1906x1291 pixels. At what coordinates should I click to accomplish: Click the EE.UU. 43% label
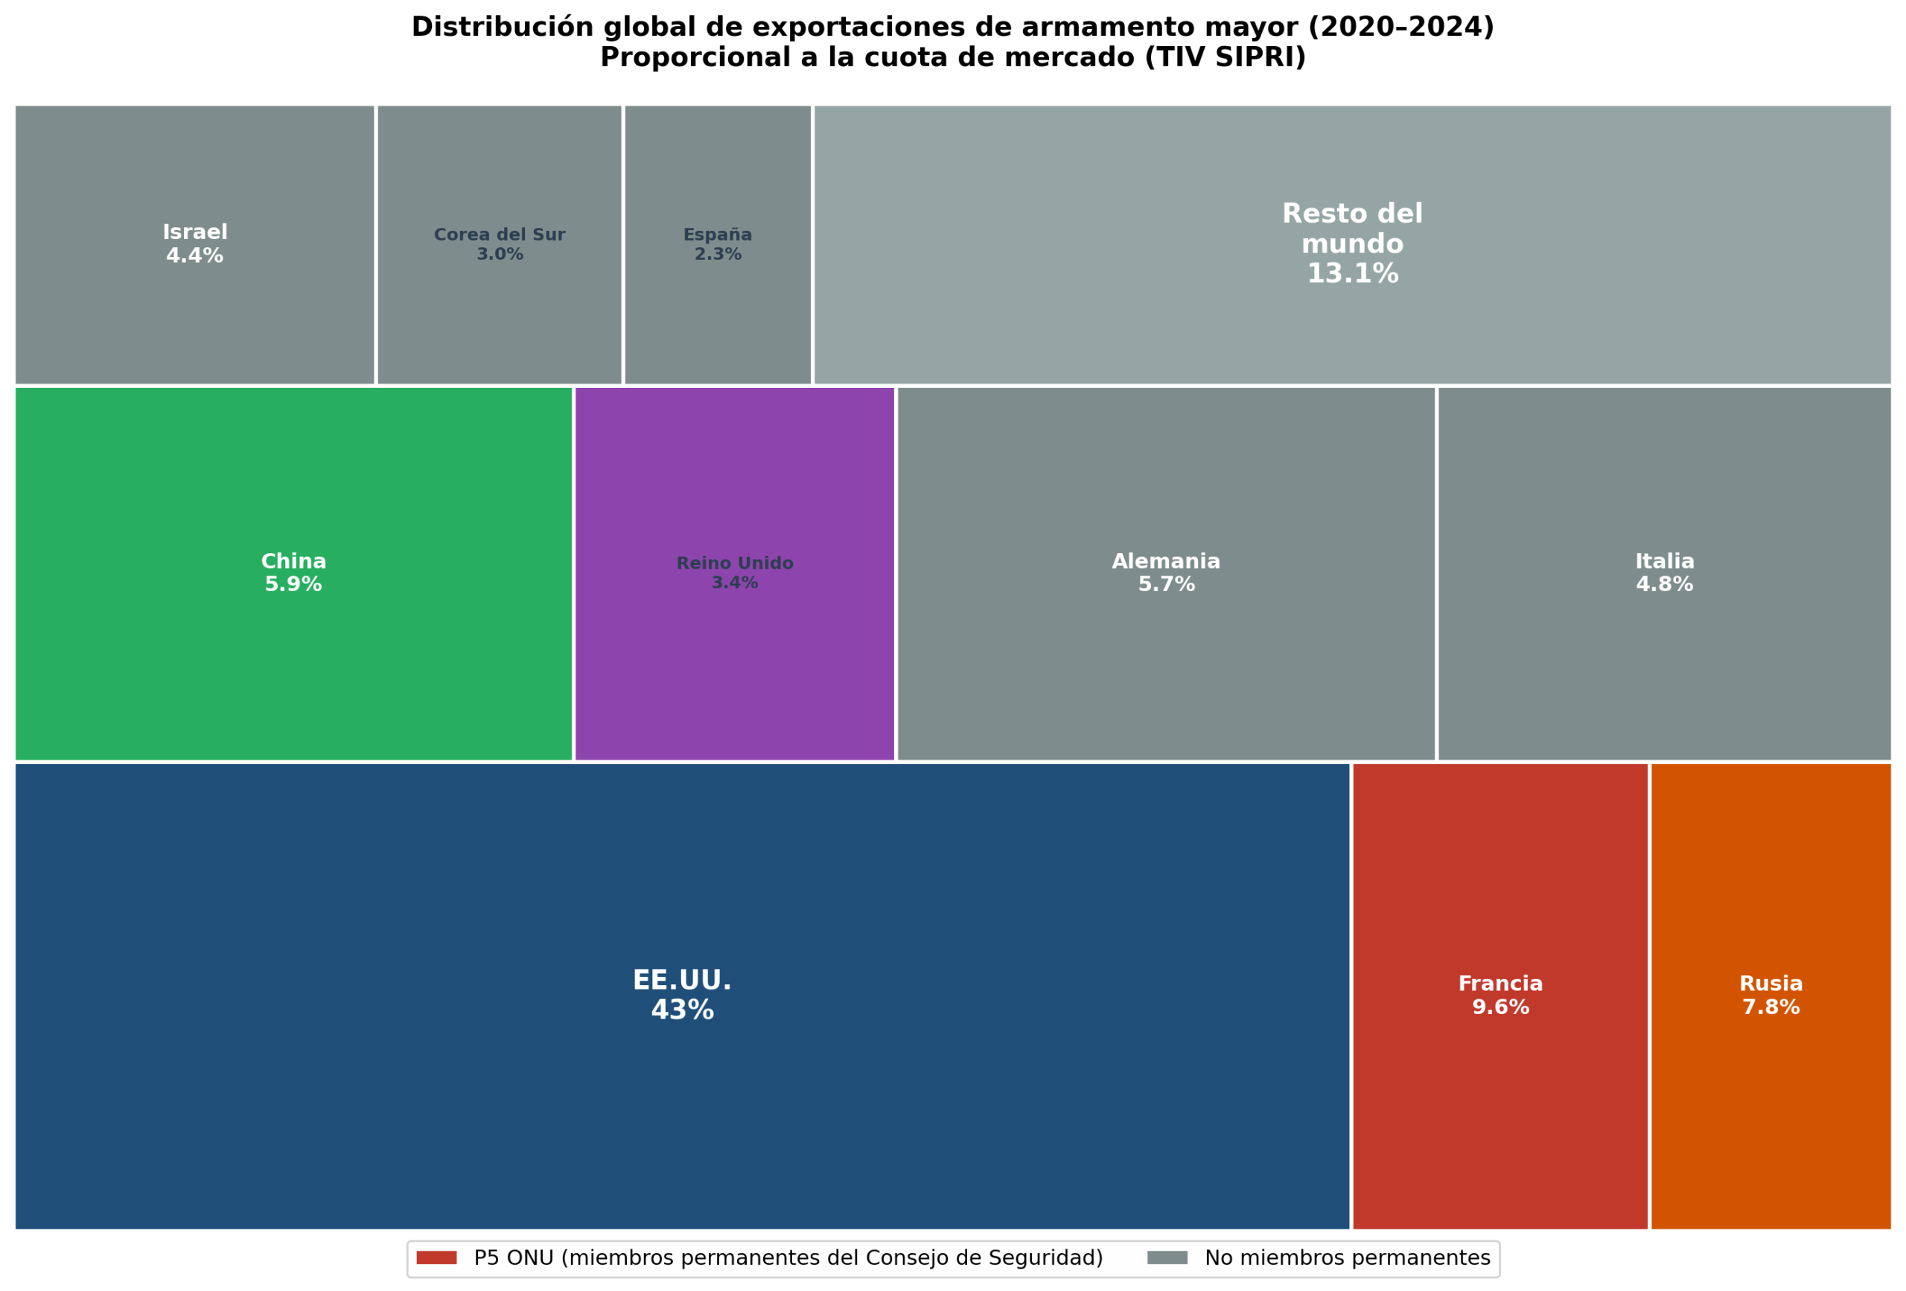[681, 995]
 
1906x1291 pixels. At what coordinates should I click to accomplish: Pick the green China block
[293, 573]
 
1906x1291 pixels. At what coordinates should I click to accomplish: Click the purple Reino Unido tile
[735, 573]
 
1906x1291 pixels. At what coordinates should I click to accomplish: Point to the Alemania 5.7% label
[1166, 573]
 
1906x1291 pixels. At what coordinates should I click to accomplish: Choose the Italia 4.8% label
[1665, 573]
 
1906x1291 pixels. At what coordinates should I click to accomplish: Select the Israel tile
[195, 244]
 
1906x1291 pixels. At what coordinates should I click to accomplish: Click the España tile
[718, 244]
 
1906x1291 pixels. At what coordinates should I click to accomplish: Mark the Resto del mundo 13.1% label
[1352, 243]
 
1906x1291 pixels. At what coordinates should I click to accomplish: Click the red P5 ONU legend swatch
[436, 1258]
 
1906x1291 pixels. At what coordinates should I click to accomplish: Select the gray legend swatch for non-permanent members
[1167, 1258]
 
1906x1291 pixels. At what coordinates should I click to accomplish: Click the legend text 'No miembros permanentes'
[1348, 1258]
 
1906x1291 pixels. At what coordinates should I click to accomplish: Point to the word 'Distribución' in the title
[503, 27]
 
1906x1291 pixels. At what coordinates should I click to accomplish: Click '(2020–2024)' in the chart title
[1400, 27]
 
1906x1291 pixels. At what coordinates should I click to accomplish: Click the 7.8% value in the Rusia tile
[1770, 1007]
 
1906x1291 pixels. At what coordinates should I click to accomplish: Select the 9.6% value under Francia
[1500, 1007]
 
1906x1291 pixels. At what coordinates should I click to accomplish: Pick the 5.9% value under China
[293, 584]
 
